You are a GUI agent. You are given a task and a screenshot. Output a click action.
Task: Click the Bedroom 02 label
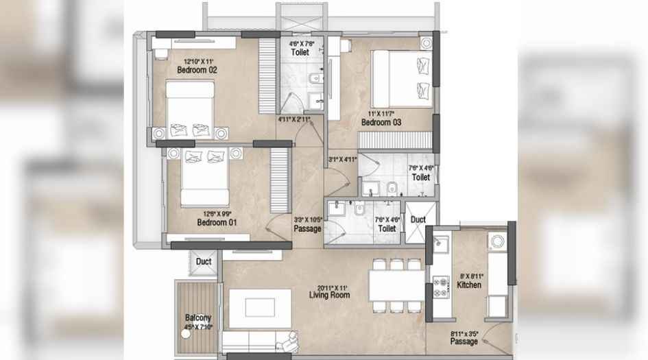pos(197,70)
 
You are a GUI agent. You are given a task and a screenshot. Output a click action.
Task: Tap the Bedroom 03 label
pos(381,123)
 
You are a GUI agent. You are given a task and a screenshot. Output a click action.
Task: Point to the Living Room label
pos(329,296)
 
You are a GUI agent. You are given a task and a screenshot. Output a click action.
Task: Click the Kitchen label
pos(470,285)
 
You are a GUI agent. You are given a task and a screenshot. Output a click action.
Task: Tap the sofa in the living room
pos(261,340)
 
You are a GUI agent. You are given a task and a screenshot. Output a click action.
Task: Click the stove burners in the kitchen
pos(441,286)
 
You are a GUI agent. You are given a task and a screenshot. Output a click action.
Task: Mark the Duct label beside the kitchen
pos(418,219)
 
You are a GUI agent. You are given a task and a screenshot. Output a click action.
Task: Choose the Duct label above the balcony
pos(203,261)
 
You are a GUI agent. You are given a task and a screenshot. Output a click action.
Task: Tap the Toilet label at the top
pos(300,52)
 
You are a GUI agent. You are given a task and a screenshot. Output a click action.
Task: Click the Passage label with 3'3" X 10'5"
pos(307,228)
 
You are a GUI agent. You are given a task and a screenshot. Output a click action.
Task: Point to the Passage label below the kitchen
pos(464,341)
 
